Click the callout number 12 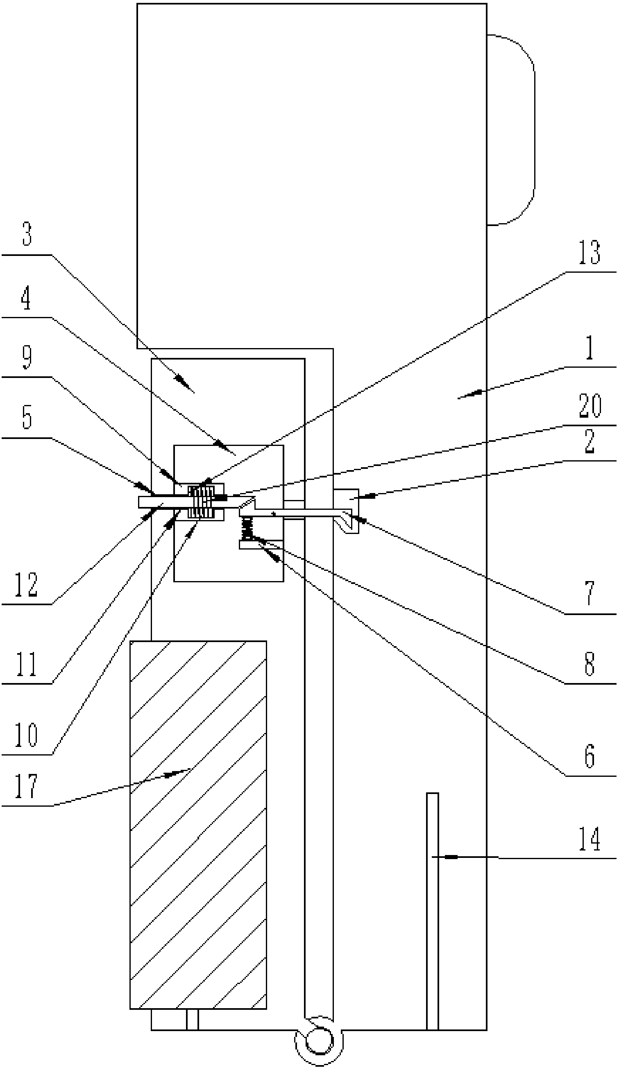point(26,586)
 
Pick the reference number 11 point(26,665)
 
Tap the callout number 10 point(26,736)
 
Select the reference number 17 point(26,786)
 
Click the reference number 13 point(589,253)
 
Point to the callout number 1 point(589,348)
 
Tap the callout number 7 point(589,594)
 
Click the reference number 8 point(589,664)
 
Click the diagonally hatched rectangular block point(198,825)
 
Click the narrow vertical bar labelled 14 point(432,913)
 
